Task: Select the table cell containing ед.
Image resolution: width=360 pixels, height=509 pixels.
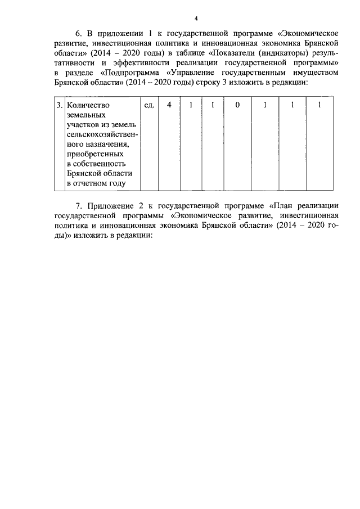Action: [x=149, y=105]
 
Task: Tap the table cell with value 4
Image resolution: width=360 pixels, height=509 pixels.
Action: [x=169, y=105]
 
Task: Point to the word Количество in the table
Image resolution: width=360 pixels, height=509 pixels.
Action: [x=88, y=105]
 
